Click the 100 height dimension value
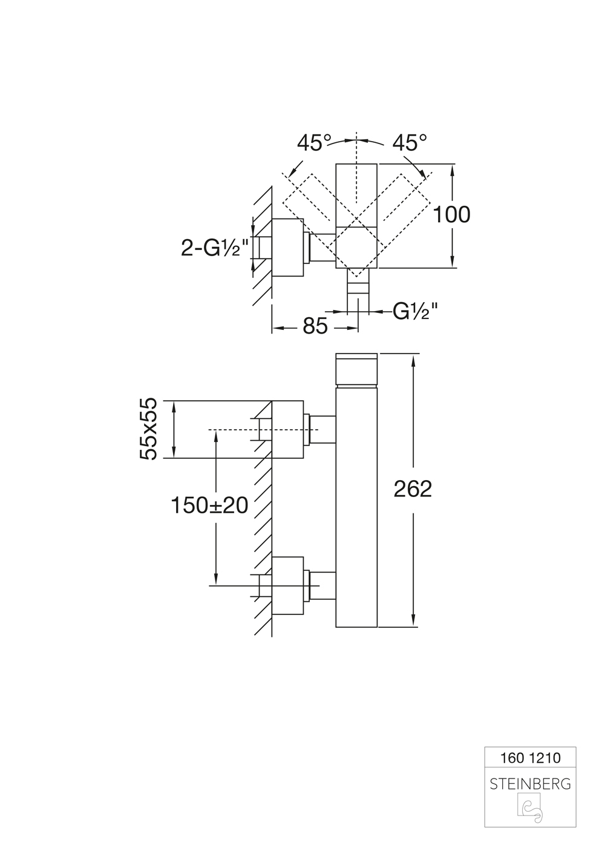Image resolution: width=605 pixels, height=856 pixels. (x=451, y=214)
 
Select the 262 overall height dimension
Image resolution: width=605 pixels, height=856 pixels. (x=413, y=489)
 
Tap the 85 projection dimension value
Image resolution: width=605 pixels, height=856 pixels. (x=315, y=326)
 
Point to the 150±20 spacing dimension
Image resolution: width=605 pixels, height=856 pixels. (x=209, y=504)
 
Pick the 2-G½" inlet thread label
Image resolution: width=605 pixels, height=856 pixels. (x=215, y=248)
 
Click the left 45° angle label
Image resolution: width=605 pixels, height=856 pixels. (x=314, y=143)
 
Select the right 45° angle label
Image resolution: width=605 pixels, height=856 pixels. (x=410, y=143)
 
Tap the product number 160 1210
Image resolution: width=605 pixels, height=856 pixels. (x=530, y=757)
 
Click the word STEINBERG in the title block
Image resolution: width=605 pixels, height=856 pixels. (x=530, y=784)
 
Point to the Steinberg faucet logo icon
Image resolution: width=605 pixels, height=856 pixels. (x=530, y=809)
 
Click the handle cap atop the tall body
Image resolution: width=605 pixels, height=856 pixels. (x=356, y=368)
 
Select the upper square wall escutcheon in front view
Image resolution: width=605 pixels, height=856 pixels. (x=287, y=429)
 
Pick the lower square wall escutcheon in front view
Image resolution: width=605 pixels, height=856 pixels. (x=287, y=585)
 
